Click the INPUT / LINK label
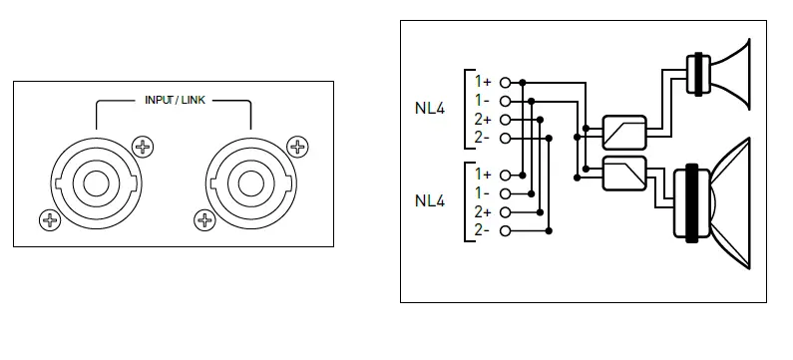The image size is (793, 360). pyautogui.click(x=175, y=100)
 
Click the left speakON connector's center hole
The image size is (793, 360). pyautogui.click(x=96, y=183)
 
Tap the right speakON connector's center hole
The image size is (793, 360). pyautogui.click(x=249, y=183)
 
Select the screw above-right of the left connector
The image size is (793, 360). pyautogui.click(x=143, y=147)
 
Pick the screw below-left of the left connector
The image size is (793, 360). pyautogui.click(x=50, y=220)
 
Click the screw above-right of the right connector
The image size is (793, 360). pyautogui.click(x=297, y=147)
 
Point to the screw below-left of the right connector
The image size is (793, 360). pyautogui.click(x=204, y=220)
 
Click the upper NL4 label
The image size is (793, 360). pyautogui.click(x=430, y=109)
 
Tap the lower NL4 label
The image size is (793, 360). pyautogui.click(x=430, y=200)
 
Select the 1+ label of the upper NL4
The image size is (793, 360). pyautogui.click(x=483, y=81)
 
